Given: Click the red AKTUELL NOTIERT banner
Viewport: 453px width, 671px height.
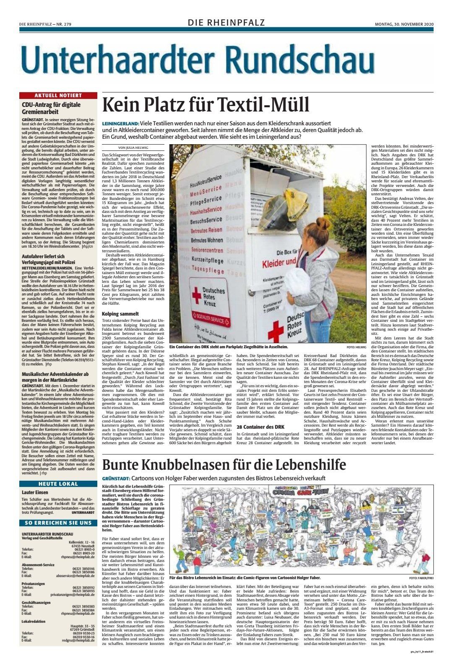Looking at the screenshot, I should pos(57,96).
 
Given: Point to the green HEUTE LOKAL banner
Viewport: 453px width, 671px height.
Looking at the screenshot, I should pos(57,484).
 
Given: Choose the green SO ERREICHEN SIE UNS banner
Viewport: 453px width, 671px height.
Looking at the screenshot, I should pos(57,523).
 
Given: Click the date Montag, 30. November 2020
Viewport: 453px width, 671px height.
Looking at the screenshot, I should pos(404,23).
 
